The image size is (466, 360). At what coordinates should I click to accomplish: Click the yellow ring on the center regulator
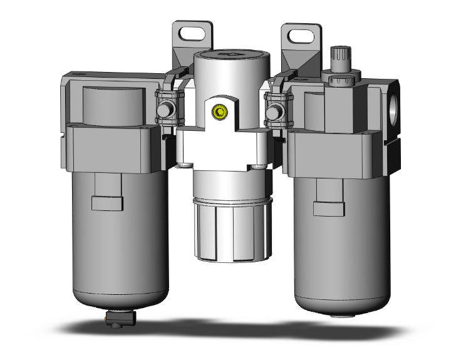[x=219, y=113]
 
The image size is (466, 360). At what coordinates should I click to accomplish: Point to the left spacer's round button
[x=165, y=111]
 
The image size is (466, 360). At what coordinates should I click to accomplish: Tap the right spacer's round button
[x=273, y=113]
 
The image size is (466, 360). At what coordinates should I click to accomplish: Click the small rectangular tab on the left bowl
[x=103, y=203]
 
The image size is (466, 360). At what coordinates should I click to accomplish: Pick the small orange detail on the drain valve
[x=112, y=323]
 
